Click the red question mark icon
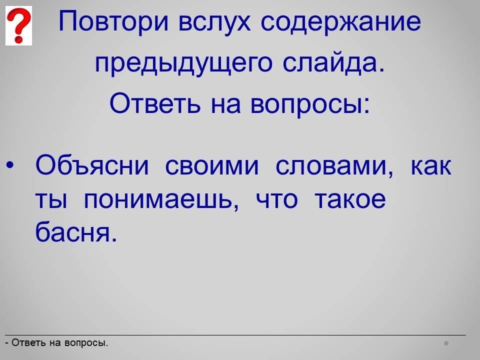click(x=18, y=25)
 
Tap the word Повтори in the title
click(x=113, y=21)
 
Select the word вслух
click(x=214, y=22)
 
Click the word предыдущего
click(x=183, y=63)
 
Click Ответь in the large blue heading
click(x=155, y=103)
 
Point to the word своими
click(x=212, y=166)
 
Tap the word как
click(x=431, y=166)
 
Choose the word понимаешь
click(x=161, y=200)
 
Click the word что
click(x=276, y=199)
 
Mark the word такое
click(x=350, y=199)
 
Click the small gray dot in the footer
click(x=446, y=343)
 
